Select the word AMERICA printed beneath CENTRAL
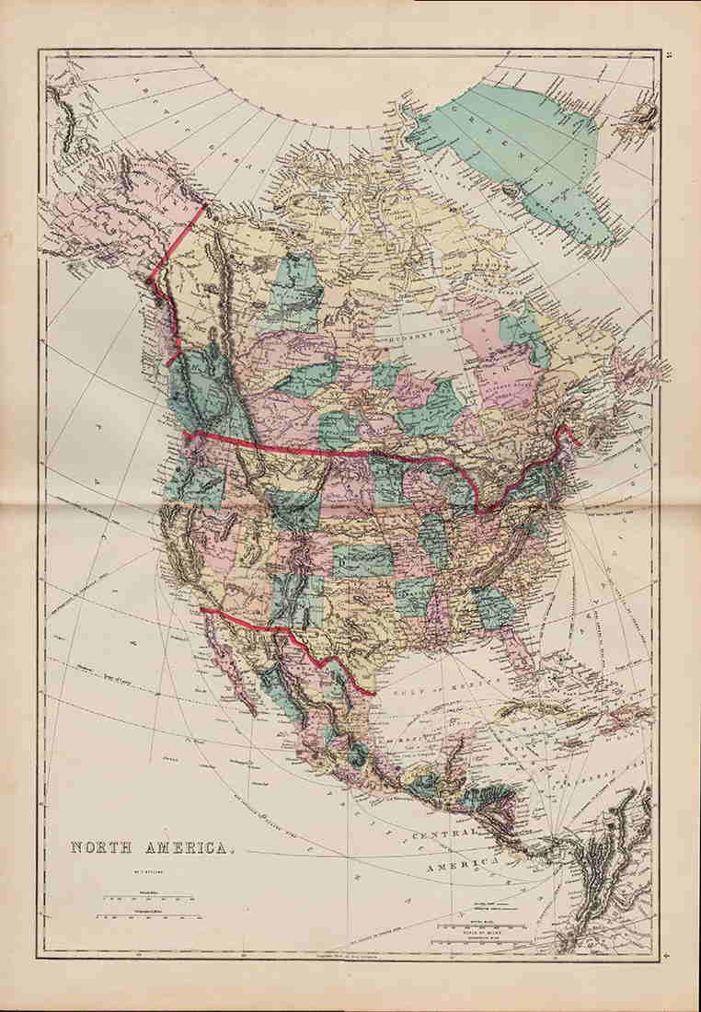460,865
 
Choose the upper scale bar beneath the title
147,893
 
